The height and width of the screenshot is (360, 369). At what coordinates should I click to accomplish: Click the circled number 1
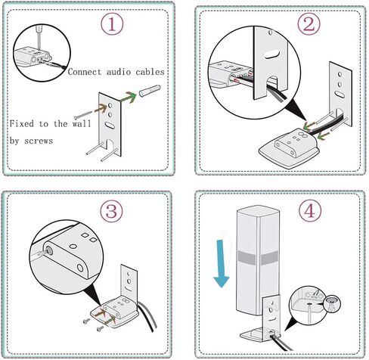[x=112, y=24]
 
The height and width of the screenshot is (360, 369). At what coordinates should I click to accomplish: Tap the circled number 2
[x=309, y=24]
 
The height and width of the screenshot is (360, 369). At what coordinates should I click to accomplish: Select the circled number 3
[x=111, y=211]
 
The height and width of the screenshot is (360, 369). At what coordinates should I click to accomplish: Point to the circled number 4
[x=310, y=211]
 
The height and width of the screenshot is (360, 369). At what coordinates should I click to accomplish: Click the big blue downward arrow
[x=221, y=263]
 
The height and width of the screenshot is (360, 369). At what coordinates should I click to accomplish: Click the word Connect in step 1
[x=85, y=72]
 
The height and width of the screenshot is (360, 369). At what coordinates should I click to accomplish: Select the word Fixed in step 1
[x=22, y=123]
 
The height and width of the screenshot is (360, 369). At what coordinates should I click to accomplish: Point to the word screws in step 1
[x=39, y=141]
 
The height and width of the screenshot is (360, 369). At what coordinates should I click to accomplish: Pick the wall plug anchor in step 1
[x=150, y=91]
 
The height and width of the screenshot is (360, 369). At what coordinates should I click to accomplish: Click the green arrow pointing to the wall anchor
[x=128, y=98]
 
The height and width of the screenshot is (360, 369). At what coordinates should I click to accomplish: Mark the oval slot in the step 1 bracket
[x=109, y=125]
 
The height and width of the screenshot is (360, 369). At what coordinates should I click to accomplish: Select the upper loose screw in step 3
[x=87, y=321]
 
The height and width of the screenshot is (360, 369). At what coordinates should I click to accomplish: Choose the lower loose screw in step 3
[x=100, y=328]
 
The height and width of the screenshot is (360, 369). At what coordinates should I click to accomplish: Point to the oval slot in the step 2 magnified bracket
[x=271, y=54]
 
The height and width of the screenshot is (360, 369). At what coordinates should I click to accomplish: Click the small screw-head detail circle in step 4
[x=332, y=304]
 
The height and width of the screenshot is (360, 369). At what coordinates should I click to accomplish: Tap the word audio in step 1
[x=119, y=72]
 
